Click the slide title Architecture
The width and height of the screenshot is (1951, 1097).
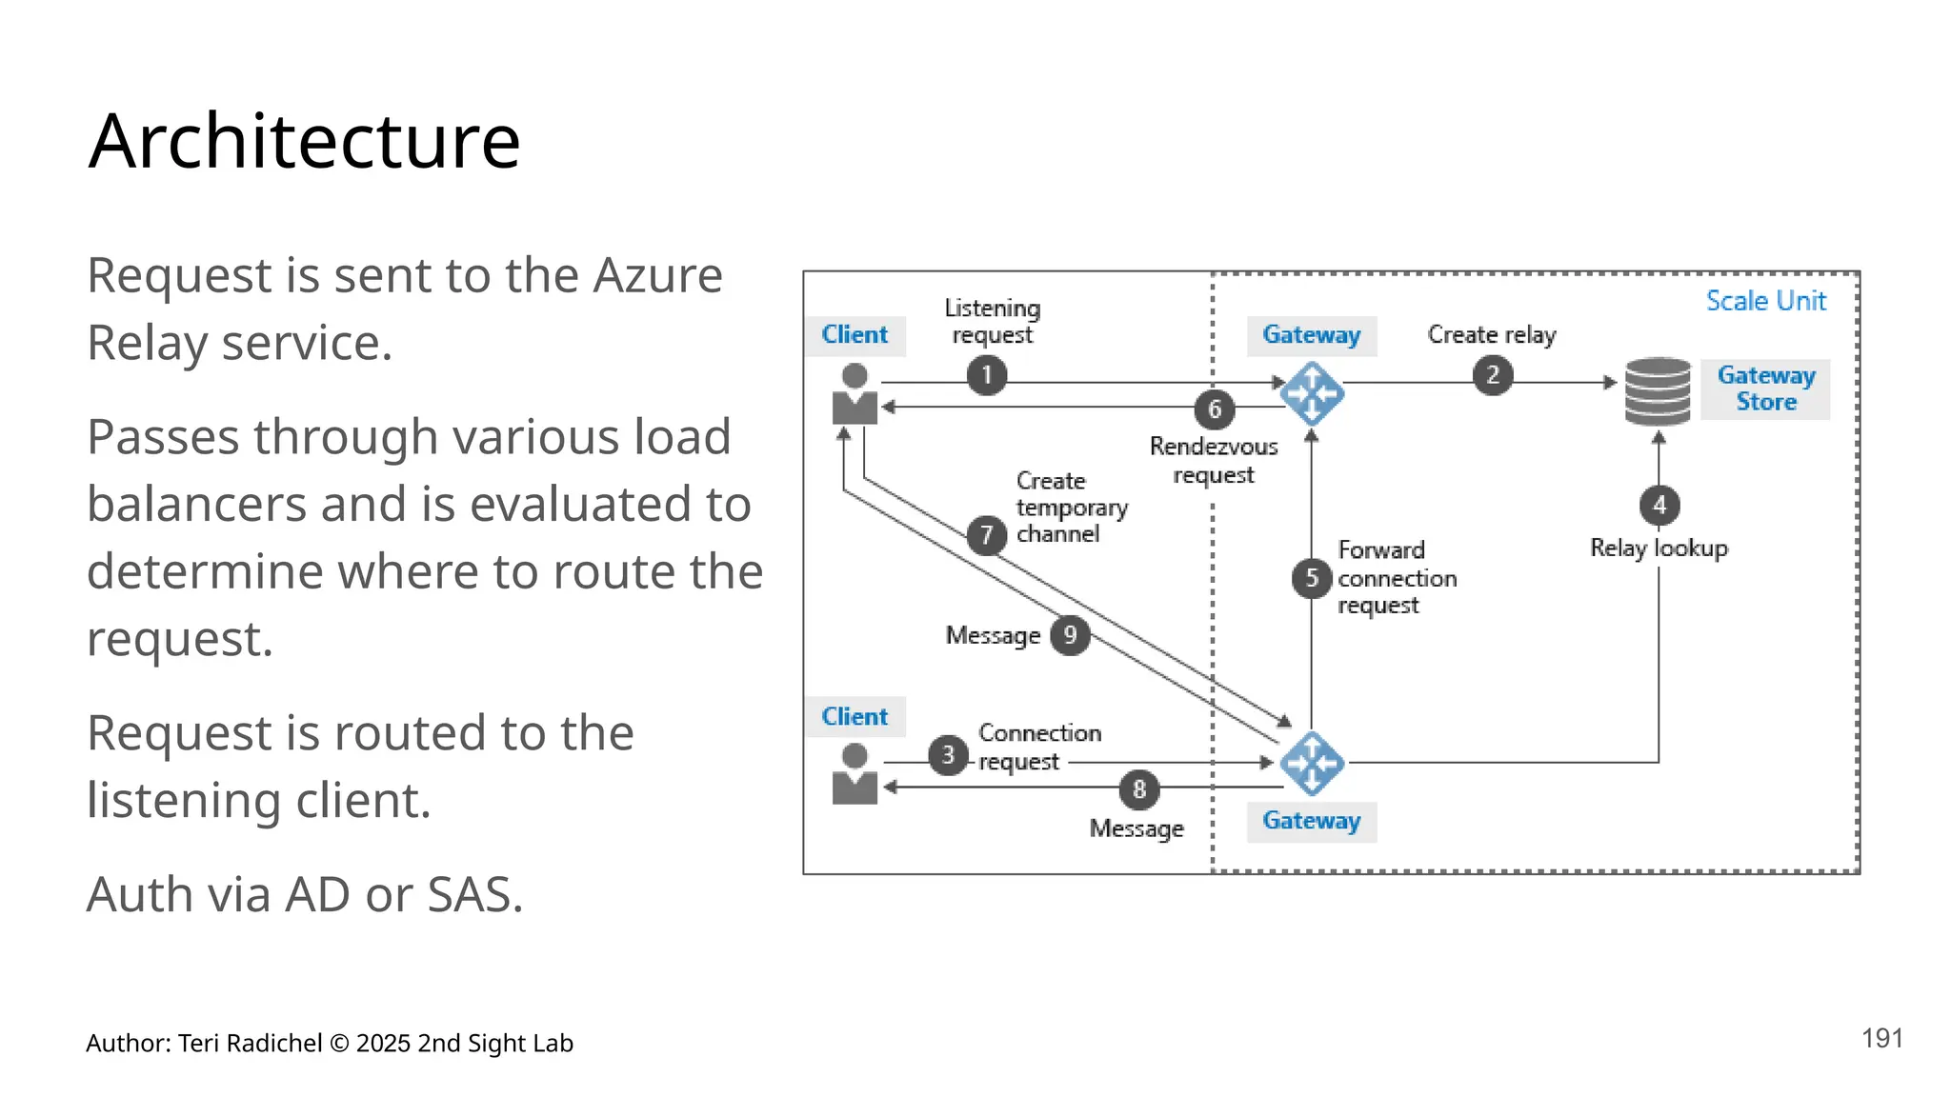coord(304,141)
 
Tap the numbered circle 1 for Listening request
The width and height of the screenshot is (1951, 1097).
coord(987,375)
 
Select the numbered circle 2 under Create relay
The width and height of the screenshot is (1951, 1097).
coord(1492,375)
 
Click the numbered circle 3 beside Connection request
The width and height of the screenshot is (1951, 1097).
coord(948,755)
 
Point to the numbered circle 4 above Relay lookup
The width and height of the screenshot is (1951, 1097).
coord(1659,505)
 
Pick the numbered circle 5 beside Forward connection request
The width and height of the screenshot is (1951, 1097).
coord(1312,578)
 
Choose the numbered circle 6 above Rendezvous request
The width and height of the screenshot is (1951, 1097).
coord(1215,409)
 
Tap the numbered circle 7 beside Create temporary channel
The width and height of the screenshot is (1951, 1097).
coord(987,535)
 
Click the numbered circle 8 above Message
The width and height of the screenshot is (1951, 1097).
coord(1139,789)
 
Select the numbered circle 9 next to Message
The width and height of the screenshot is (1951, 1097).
coord(1070,635)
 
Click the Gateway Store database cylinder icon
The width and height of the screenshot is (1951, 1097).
coord(1658,391)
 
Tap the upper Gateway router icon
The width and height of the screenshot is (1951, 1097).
coord(1312,393)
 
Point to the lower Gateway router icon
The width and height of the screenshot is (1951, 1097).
coord(1312,763)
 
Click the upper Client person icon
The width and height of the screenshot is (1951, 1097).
coord(855,394)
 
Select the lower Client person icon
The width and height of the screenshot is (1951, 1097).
coord(855,774)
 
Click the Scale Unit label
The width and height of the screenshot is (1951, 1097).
coord(1765,301)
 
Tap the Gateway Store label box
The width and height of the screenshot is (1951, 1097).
coord(1765,389)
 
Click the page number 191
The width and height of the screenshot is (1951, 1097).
coord(1882,1038)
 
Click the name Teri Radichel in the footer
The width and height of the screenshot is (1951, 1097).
coord(250,1044)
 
